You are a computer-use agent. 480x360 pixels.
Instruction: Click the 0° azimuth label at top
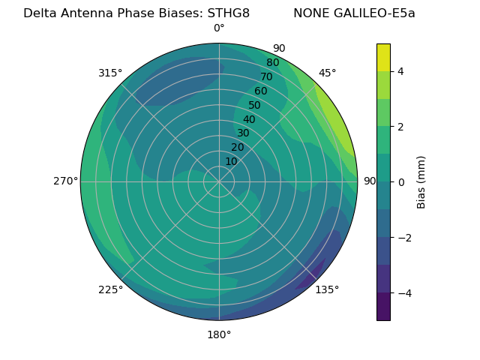(219, 28)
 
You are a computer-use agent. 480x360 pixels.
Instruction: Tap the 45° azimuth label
(328, 73)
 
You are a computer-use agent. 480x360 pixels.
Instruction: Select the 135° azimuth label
(327, 289)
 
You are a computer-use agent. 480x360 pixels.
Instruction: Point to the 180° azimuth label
(219, 334)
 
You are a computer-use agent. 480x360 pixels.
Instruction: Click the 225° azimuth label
(110, 289)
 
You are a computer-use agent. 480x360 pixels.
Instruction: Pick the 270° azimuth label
(65, 181)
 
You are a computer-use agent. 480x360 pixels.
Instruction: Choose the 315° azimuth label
(110, 73)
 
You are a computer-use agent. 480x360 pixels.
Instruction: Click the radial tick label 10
(231, 161)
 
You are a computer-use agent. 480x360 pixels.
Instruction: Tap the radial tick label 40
(249, 119)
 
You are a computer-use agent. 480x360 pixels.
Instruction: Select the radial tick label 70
(266, 76)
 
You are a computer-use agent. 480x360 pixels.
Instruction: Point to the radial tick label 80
(272, 62)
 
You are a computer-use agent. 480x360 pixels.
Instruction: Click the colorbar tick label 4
(400, 71)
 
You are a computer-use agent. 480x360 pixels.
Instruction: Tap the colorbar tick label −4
(403, 292)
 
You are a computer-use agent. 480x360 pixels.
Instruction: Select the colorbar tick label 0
(400, 181)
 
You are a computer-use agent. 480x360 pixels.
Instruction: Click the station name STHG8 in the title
(225, 13)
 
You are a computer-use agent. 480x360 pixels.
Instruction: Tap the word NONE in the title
(309, 13)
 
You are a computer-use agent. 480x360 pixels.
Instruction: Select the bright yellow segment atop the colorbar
(383, 57)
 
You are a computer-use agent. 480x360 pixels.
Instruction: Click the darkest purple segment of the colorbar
(383, 307)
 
